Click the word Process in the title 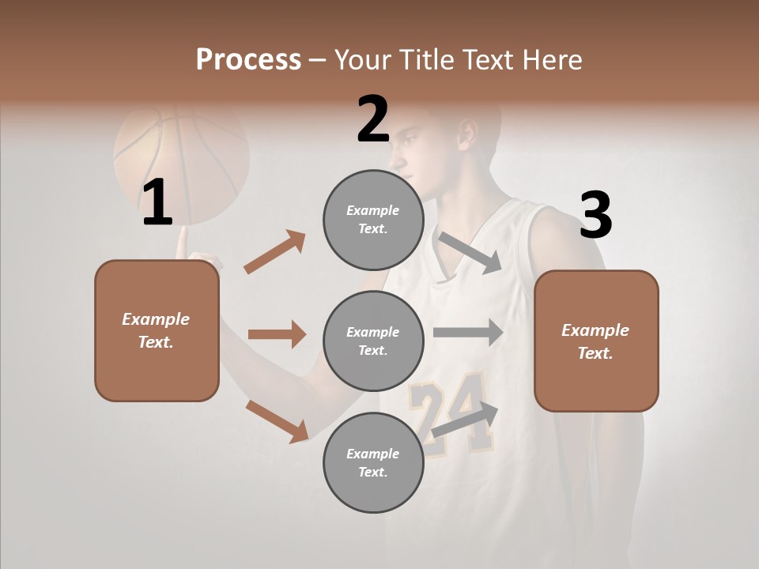point(248,60)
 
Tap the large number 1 point(157,203)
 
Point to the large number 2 point(373,119)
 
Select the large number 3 point(595,215)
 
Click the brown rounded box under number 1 point(157,330)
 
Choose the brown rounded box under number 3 point(596,341)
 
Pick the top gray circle point(373,220)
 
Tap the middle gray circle point(373,341)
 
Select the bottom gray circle point(373,463)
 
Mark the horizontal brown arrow point(277,334)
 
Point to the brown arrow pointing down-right point(277,421)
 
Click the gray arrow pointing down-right point(470,253)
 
